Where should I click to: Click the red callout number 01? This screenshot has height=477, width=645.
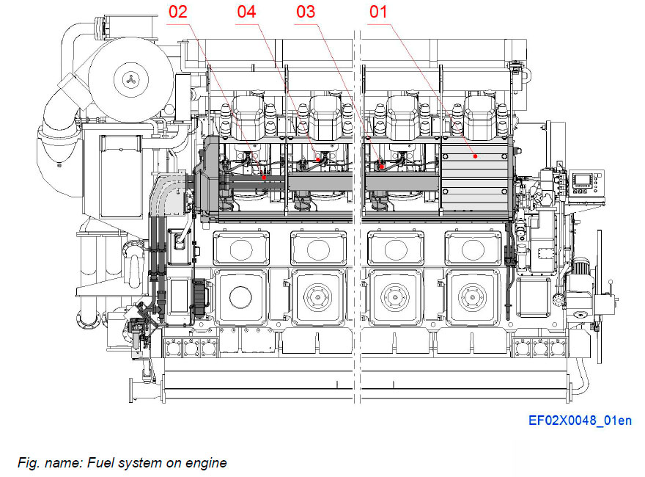point(377,12)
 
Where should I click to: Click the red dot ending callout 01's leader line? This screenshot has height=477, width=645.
point(475,156)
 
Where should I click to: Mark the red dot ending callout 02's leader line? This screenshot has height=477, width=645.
point(264,176)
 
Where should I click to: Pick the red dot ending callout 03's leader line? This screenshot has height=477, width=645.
point(381,166)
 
